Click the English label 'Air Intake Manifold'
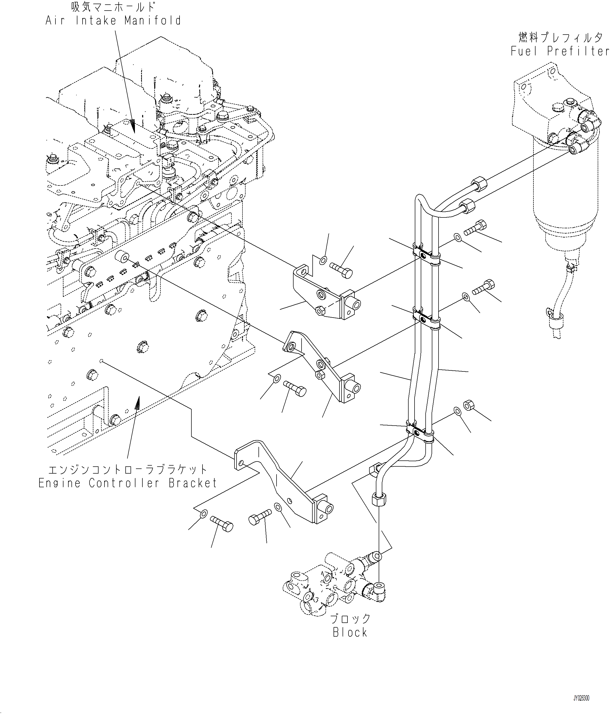tap(113, 20)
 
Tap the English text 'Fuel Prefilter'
tap(560, 51)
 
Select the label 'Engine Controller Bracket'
tap(127, 483)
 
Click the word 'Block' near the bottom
tap(350, 632)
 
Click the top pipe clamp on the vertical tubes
tap(426, 254)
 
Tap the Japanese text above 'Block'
tap(350, 619)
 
